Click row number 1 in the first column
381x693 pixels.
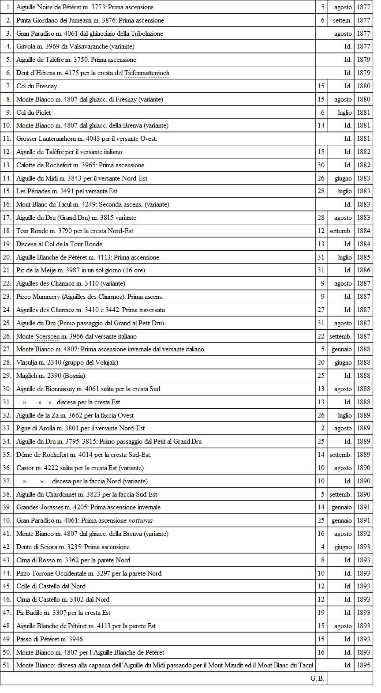pos(9,8)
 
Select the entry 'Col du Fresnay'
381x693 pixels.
pos(37,86)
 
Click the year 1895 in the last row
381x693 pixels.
pos(363,665)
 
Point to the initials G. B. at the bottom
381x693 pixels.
pos(317,678)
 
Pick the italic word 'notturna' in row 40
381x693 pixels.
pos(140,520)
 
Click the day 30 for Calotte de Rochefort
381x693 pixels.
pos(321,165)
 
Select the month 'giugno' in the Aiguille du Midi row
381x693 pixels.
pos(343,178)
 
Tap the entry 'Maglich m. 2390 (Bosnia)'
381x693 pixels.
pos(51,376)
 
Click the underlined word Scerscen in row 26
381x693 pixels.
pos(47,336)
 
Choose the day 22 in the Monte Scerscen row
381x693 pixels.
pos(321,336)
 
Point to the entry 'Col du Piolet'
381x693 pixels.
pos(34,113)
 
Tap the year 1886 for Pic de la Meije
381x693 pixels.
pos(363,270)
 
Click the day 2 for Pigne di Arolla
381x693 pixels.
pos(323,428)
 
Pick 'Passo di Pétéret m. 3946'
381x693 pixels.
pos(49,639)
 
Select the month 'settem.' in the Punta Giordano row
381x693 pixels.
pos(342,20)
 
